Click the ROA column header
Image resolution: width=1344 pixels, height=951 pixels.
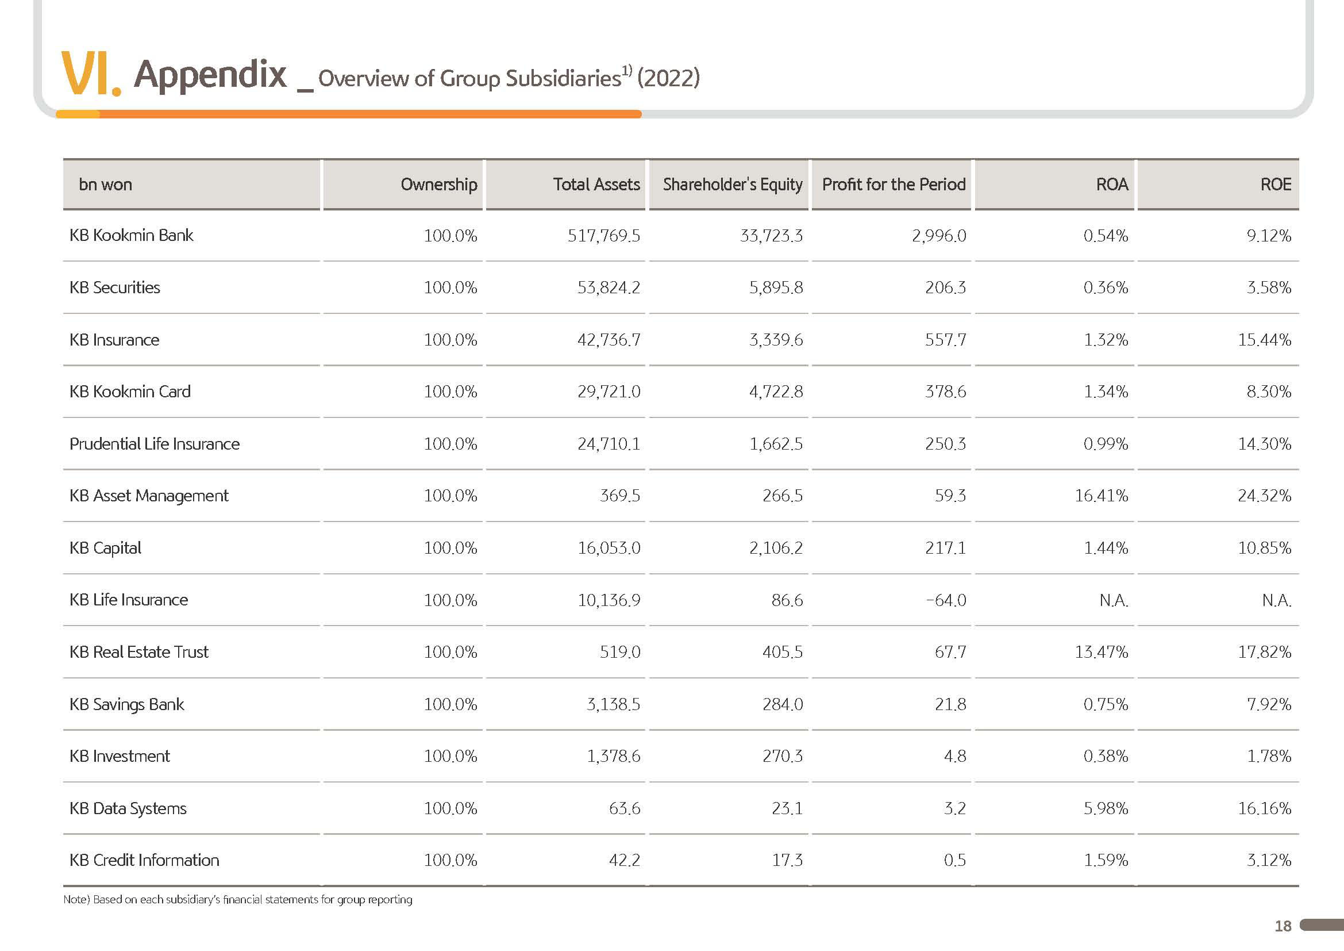pos(1112,185)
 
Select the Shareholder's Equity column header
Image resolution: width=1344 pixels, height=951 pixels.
pos(732,185)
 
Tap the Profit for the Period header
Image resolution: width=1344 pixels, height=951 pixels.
pos(894,185)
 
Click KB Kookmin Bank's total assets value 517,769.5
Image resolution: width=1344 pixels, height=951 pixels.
pos(603,236)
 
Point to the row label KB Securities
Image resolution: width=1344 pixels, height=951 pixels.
pos(115,287)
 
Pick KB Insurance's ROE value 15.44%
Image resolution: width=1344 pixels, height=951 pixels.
pos(1264,340)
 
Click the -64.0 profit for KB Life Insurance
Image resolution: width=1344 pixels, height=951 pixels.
pos(946,600)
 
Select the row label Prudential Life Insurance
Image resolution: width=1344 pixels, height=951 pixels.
pos(155,444)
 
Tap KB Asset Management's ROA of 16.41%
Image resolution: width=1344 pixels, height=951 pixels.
pos(1101,496)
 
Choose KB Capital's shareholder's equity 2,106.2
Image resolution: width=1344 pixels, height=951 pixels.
pos(776,548)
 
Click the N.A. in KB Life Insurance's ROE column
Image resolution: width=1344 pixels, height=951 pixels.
pos(1277,600)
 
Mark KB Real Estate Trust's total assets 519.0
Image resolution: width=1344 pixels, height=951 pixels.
pos(620,653)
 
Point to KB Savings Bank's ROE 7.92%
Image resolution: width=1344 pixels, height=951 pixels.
pos(1269,704)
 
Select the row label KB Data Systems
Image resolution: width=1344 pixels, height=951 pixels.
pos(128,809)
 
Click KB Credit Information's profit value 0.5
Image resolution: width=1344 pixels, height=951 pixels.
pos(955,860)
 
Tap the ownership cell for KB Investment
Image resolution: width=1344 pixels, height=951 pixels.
pos(450,757)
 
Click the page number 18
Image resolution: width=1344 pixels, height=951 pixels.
pos(1283,926)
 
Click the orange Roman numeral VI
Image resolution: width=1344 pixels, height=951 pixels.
pos(91,74)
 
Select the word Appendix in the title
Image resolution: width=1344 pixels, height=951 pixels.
pos(210,75)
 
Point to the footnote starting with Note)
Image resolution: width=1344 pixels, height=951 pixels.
pos(238,899)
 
